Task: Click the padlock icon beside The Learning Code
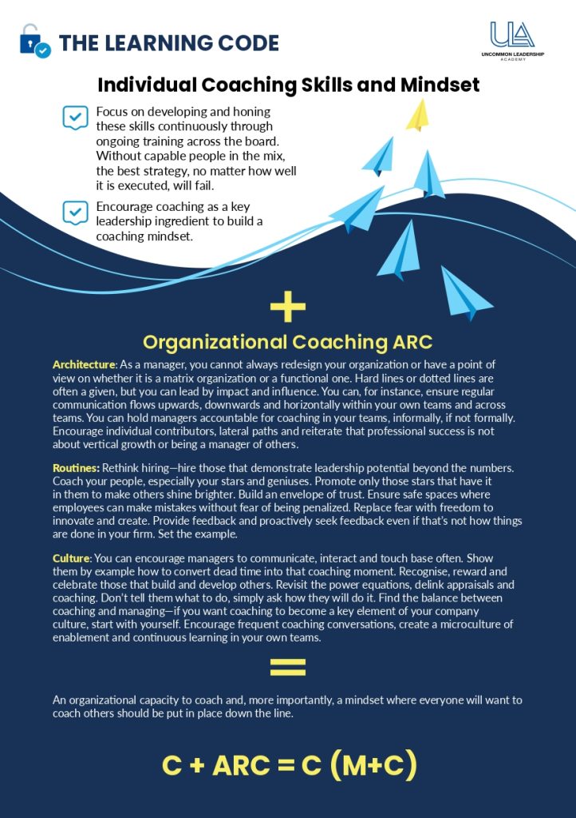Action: click(x=34, y=40)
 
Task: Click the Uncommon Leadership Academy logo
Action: click(x=513, y=41)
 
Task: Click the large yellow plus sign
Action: click(x=288, y=307)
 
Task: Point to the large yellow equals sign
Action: click(x=288, y=667)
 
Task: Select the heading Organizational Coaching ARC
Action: click(x=288, y=342)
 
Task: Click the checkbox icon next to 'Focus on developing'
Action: click(x=75, y=118)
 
